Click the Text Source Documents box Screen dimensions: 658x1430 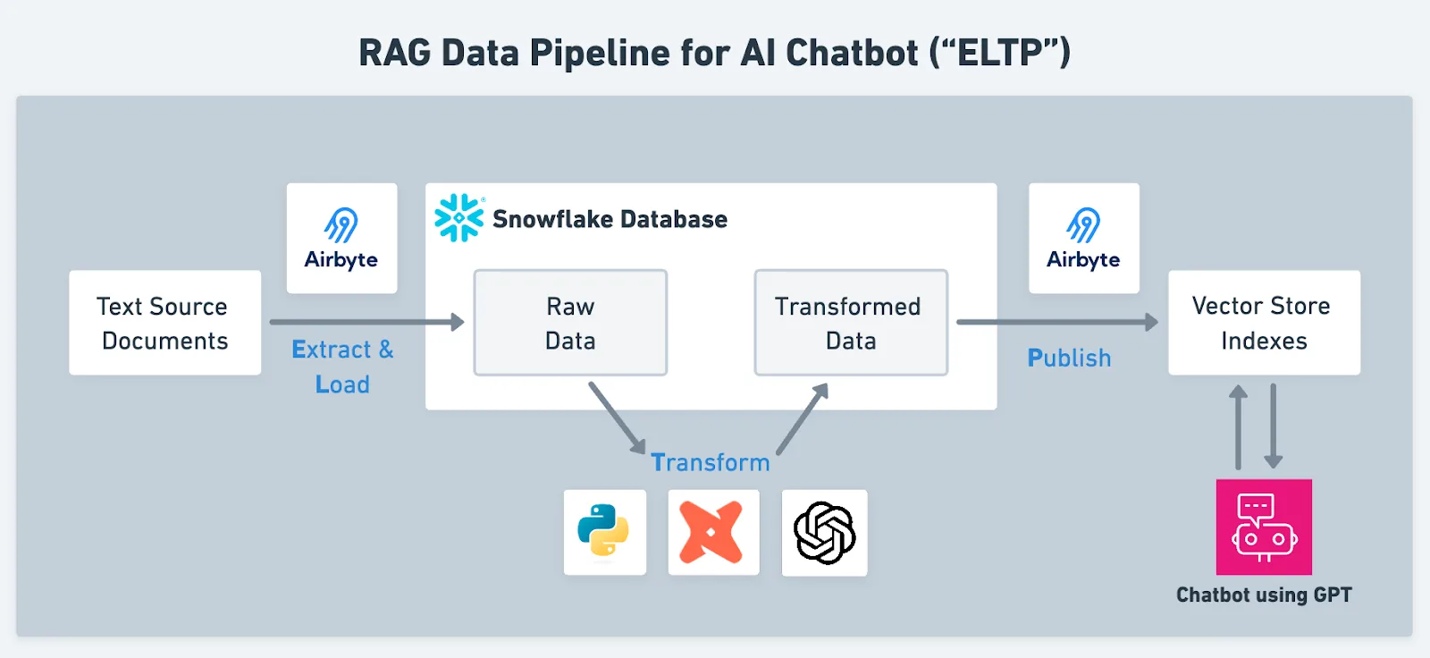tap(165, 323)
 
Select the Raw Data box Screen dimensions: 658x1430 tap(570, 323)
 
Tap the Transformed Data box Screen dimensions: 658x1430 tap(850, 323)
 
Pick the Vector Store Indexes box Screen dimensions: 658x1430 tap(1264, 323)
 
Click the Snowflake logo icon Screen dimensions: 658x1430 tap(458, 218)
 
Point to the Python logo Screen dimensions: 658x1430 tap(604, 532)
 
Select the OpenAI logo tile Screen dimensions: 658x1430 tap(824, 533)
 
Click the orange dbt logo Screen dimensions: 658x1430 tap(712, 533)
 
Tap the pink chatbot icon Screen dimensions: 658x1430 tap(1264, 527)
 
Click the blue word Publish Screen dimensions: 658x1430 tap(1069, 359)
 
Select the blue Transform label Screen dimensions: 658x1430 tap(710, 462)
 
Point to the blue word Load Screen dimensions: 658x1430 tap(342, 384)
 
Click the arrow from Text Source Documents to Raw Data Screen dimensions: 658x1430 tap(366, 322)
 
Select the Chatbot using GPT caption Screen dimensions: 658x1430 tap(1264, 595)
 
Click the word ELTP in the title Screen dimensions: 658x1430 tap(1000, 53)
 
